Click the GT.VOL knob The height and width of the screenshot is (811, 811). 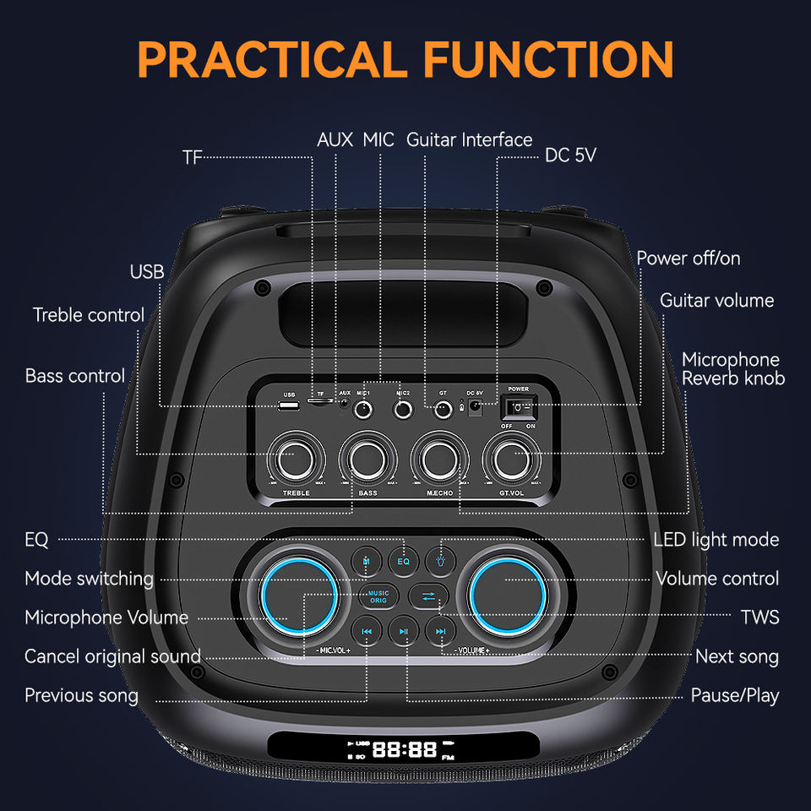point(511,459)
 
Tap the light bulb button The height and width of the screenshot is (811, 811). point(440,559)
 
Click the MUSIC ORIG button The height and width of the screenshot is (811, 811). point(378,596)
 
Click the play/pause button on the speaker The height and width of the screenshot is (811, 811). point(404,631)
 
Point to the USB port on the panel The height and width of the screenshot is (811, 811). point(289,407)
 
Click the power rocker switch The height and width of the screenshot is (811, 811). point(518,408)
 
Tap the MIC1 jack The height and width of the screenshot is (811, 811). point(364,411)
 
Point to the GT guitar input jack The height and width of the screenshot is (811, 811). point(442,411)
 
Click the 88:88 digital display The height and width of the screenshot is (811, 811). point(405,748)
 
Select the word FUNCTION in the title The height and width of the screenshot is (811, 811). point(548,59)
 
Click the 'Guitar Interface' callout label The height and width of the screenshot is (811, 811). point(470,139)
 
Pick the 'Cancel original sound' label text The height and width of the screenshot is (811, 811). point(112,656)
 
